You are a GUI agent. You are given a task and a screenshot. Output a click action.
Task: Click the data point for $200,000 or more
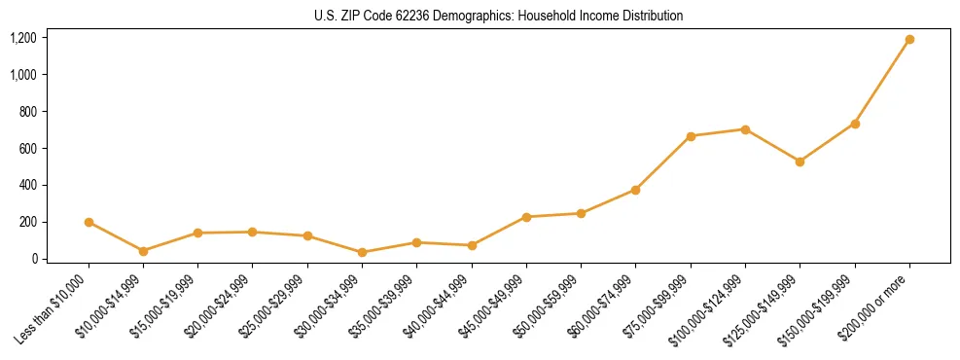click(909, 40)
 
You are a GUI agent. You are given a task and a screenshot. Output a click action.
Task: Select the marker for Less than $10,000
click(89, 222)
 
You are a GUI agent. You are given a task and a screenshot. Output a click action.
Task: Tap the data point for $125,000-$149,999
click(800, 162)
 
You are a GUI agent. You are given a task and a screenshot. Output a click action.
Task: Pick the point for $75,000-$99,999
click(691, 136)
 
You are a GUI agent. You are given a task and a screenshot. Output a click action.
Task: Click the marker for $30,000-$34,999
click(362, 252)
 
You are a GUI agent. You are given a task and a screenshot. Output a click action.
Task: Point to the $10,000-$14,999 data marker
click(143, 251)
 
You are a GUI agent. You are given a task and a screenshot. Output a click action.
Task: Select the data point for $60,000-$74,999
click(635, 190)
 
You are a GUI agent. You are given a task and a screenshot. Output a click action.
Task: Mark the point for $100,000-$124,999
click(745, 129)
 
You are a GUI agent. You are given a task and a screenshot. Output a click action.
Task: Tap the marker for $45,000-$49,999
click(526, 217)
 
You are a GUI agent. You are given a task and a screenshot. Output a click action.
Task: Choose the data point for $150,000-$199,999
click(855, 124)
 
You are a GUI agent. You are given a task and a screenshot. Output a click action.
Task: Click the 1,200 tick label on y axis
click(23, 38)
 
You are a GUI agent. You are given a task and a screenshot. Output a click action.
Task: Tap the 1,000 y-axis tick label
click(23, 75)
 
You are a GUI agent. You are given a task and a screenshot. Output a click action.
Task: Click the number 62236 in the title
click(401, 17)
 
